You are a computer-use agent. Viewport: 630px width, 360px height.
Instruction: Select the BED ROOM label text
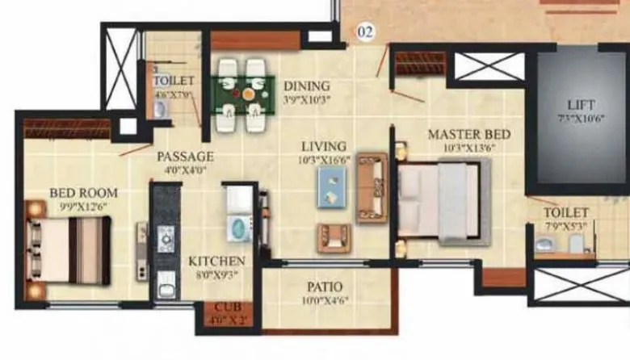click(83, 193)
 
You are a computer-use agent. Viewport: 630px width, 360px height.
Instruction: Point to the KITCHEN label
click(216, 262)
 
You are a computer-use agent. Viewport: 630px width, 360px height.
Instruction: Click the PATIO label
click(325, 287)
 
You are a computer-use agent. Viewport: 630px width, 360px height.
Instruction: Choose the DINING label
click(306, 86)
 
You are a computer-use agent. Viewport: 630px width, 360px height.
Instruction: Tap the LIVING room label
click(324, 146)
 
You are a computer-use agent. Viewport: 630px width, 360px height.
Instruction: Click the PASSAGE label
click(185, 156)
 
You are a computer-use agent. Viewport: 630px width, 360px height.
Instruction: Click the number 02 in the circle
click(367, 33)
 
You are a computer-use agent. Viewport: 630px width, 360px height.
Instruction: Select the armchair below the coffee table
click(334, 236)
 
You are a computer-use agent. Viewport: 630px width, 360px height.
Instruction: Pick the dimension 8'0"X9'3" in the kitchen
click(216, 275)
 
